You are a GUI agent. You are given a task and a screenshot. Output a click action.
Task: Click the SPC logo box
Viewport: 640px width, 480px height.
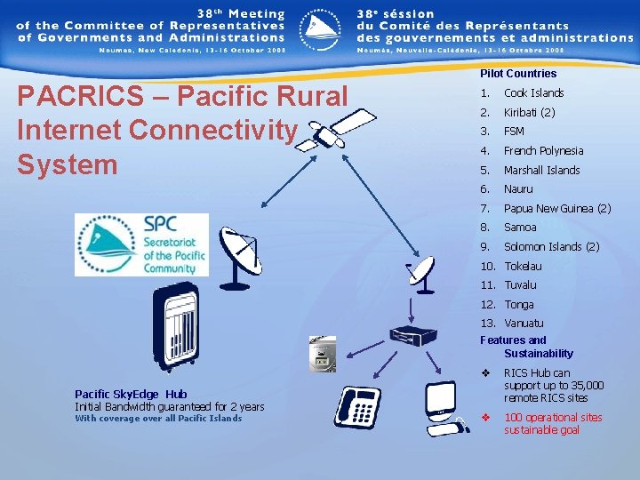pos(141,244)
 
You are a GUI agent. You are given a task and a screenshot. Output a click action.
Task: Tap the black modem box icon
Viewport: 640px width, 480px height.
pos(414,337)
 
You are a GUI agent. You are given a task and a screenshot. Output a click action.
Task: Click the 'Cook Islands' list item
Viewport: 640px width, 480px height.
pos(533,93)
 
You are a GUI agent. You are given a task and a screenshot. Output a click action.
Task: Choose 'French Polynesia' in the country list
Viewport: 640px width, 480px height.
pos(543,151)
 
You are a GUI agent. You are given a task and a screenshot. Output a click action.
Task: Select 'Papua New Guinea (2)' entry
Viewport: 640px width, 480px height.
pos(557,209)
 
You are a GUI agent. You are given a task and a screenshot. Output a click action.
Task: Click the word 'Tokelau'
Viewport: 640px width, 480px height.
pos(523,267)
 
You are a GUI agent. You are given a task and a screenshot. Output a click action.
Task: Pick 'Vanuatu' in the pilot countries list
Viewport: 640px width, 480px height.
pos(524,324)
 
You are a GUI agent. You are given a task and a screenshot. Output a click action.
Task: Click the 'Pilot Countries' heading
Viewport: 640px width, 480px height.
pos(518,74)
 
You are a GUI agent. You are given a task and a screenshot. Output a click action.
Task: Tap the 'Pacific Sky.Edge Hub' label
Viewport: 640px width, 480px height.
pos(131,394)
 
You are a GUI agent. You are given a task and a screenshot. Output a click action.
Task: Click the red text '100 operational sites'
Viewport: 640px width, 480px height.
pos(552,418)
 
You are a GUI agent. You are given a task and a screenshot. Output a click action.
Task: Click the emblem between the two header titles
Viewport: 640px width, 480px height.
pos(320,28)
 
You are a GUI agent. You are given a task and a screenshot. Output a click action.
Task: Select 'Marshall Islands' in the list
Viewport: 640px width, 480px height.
pos(541,171)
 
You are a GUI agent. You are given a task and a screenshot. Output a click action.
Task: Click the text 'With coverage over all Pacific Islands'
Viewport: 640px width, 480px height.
pos(157,419)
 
